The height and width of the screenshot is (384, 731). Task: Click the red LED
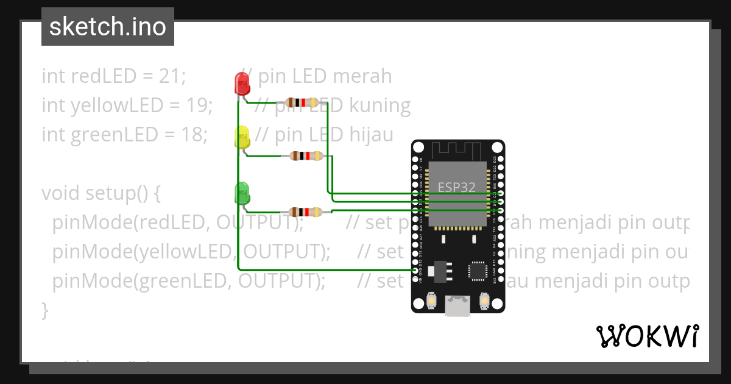click(x=242, y=84)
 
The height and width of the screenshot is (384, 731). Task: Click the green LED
click(x=242, y=193)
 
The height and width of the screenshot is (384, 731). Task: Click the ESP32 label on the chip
click(x=456, y=187)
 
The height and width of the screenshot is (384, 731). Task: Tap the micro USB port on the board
click(x=457, y=305)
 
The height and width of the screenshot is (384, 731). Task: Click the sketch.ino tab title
click(x=108, y=27)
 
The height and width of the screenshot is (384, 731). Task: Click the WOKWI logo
click(x=647, y=336)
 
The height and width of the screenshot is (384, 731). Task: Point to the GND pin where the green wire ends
click(x=415, y=269)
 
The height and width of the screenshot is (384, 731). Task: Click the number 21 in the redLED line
click(x=170, y=76)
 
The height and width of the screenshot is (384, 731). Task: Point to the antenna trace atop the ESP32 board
click(x=457, y=150)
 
